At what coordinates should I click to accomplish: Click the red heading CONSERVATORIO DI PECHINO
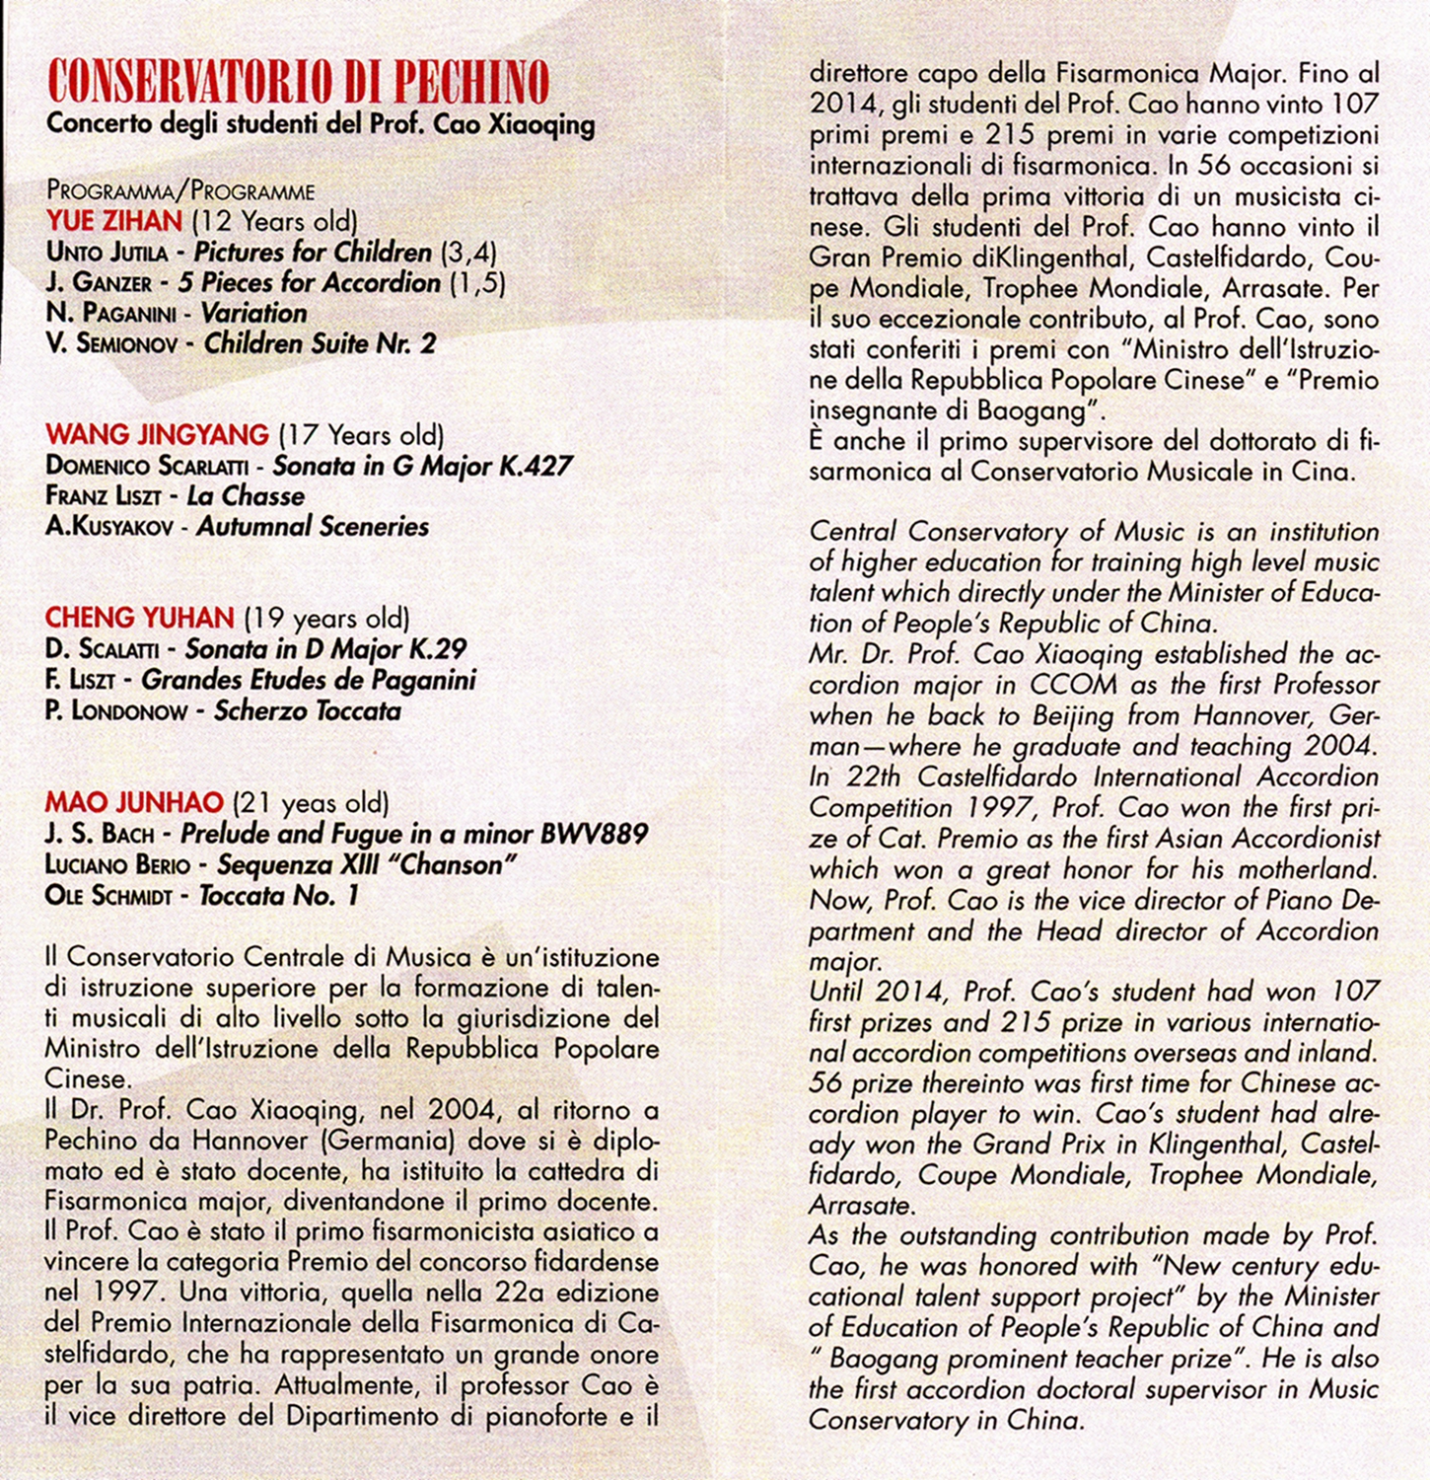point(298,83)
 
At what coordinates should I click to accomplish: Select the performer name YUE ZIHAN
point(114,221)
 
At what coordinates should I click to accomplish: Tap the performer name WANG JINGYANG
point(157,434)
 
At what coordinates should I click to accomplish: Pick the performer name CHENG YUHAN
point(139,619)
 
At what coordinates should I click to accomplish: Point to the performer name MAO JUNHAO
point(134,803)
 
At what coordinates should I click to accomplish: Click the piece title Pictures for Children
point(313,253)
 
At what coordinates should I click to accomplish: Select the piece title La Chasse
point(246,495)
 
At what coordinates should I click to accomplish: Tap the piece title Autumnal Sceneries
point(313,527)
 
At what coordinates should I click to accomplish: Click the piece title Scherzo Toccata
point(308,711)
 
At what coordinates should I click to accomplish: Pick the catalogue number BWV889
point(594,835)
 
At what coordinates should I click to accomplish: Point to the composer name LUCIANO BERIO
point(117,865)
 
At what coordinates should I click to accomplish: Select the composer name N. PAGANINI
point(110,314)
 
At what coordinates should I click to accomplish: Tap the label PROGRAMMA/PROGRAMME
point(180,190)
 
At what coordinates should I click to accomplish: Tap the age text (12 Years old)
point(274,221)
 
